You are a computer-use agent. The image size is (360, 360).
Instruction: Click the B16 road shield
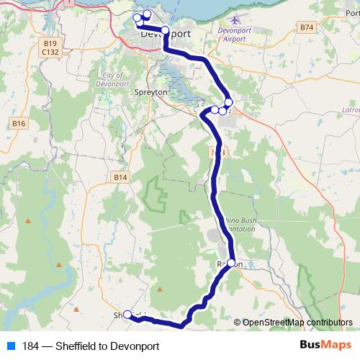tap(19, 124)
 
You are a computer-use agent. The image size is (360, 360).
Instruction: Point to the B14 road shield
tap(120, 177)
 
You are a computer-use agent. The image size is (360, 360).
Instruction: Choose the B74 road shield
tap(307, 27)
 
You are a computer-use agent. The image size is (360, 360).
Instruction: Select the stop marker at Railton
tap(232, 264)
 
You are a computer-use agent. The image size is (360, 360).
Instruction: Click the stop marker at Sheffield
tap(127, 314)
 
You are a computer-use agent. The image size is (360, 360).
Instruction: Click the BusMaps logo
tap(325, 346)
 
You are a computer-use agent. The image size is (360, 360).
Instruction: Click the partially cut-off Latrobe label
tap(352, 109)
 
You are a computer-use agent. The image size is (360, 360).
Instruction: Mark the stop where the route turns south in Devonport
tap(165, 30)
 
